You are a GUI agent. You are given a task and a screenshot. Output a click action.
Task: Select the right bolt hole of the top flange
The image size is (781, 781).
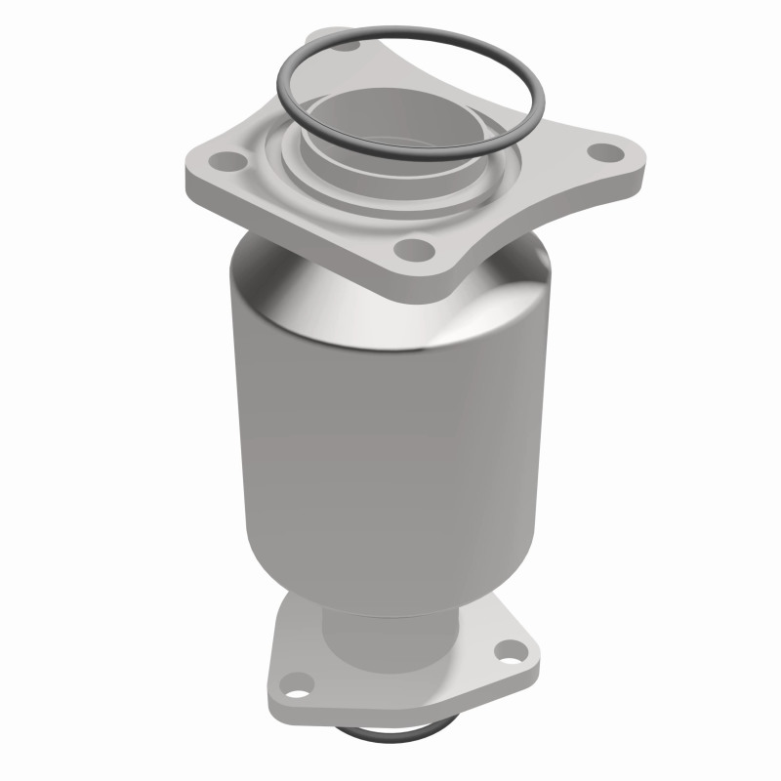coord(607,152)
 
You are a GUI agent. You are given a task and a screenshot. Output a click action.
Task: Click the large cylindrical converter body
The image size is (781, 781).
coord(390,439)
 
